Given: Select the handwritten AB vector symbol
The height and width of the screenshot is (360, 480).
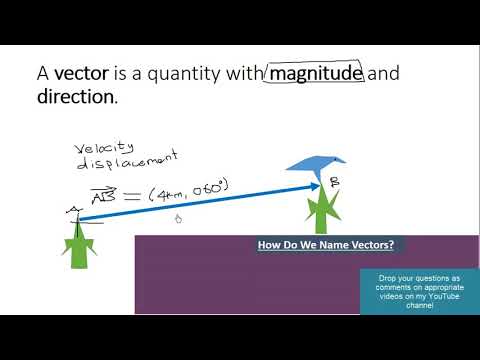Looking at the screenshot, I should click(x=104, y=194).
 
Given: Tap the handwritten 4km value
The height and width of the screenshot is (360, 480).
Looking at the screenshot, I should click(x=166, y=192).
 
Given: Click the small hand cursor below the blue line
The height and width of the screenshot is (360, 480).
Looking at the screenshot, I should click(x=177, y=219).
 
